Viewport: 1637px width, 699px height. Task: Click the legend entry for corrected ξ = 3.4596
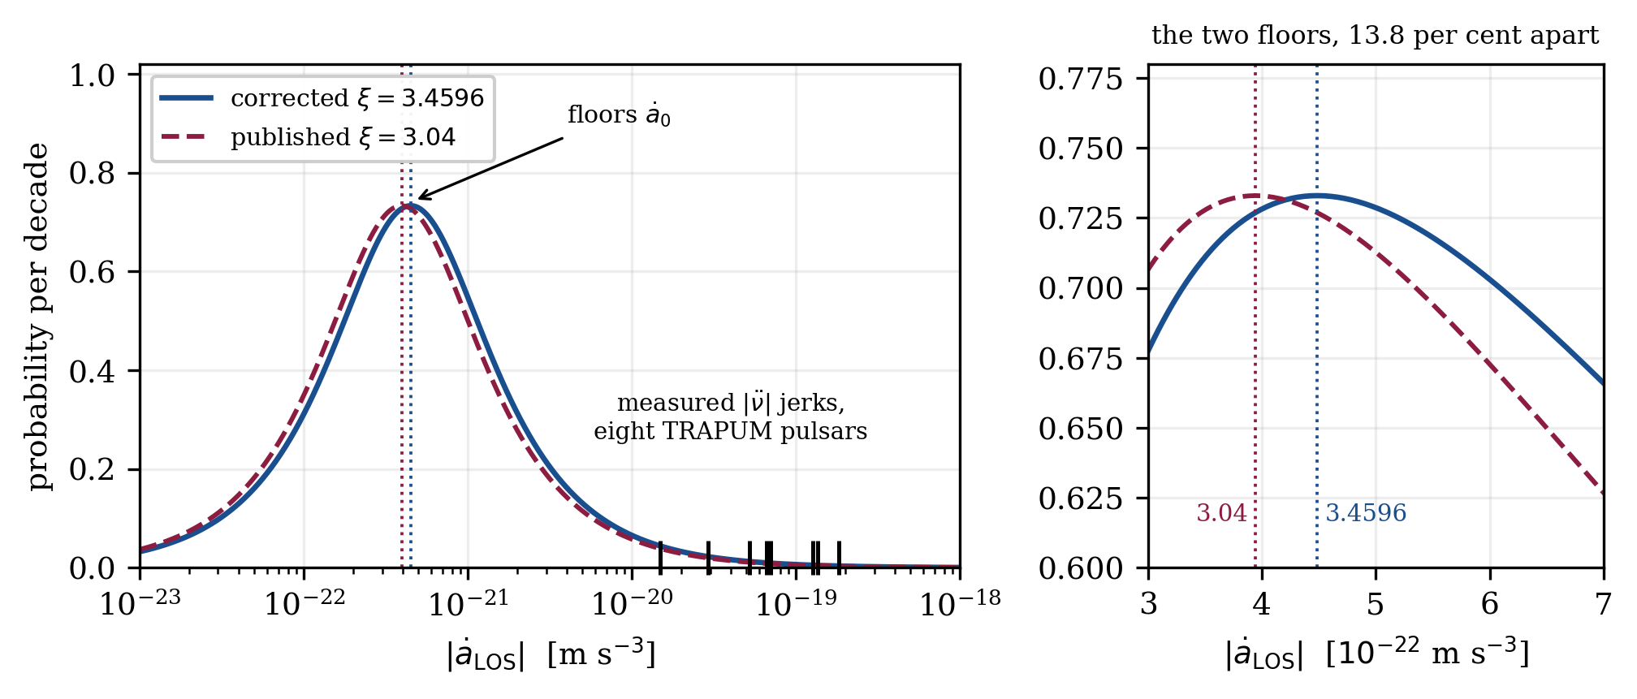(322, 98)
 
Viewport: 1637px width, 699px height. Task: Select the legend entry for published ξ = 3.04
(308, 137)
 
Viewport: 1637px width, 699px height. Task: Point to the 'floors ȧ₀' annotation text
(619, 115)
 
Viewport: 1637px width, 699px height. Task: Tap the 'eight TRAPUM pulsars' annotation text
(730, 431)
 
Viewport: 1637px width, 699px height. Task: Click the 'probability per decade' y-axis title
(38, 317)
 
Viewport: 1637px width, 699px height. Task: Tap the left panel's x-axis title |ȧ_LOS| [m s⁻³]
(551, 654)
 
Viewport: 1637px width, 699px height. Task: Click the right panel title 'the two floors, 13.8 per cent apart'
(1376, 36)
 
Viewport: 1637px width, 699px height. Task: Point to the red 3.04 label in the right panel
(1221, 513)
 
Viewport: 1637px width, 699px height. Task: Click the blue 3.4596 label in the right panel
(1366, 513)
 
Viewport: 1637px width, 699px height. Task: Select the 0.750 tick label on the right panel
(1081, 149)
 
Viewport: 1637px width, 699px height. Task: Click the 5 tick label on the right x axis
(1375, 603)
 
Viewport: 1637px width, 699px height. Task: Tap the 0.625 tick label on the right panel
(1081, 498)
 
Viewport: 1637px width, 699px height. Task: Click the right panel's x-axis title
(1376, 654)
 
